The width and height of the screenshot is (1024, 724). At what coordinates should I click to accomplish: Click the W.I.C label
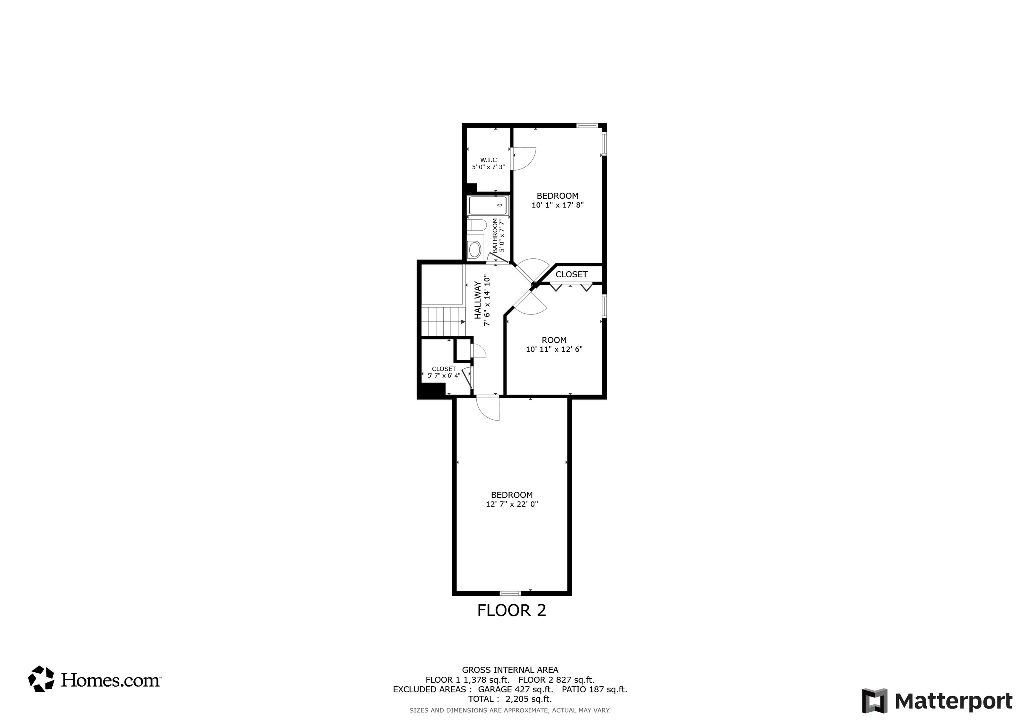click(x=488, y=160)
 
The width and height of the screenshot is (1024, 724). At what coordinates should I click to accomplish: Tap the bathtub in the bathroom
click(x=488, y=205)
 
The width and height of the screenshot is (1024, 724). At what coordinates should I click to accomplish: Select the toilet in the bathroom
click(x=477, y=225)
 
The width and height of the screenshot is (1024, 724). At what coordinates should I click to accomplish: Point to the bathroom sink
click(x=474, y=249)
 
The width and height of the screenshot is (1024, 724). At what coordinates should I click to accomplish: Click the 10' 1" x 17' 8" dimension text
click(x=557, y=205)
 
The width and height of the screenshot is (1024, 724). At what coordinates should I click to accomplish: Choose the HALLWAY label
click(x=478, y=300)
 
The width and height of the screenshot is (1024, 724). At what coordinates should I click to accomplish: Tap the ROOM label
click(x=554, y=340)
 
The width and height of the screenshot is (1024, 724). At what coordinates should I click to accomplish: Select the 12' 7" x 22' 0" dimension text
click(x=512, y=504)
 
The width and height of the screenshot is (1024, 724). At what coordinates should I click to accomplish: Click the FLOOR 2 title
click(x=511, y=610)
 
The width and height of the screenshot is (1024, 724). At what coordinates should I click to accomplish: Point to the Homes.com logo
click(x=94, y=679)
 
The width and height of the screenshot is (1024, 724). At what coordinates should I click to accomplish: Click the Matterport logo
click(x=937, y=701)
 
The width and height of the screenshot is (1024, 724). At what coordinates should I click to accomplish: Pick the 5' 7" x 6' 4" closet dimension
click(x=444, y=375)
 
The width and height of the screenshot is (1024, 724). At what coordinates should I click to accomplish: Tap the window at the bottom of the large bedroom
click(x=510, y=593)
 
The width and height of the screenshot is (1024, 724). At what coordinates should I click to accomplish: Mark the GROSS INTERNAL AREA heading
click(x=510, y=670)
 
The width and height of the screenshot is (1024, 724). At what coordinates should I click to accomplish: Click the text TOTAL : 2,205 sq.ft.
click(x=510, y=699)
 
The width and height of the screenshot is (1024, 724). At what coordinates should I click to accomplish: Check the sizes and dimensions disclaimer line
click(x=510, y=710)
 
